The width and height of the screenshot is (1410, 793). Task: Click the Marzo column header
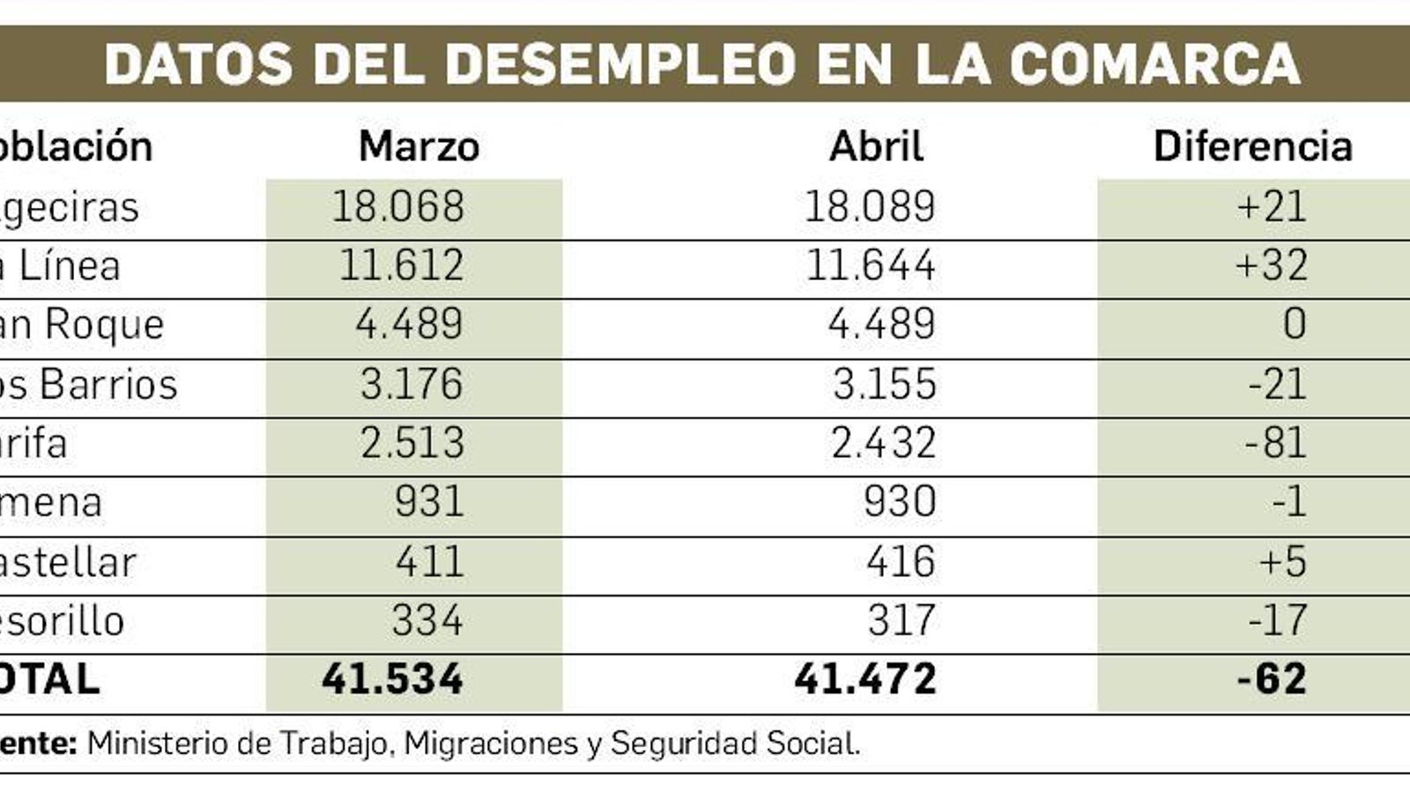coord(419,146)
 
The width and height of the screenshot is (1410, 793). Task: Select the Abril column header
coord(876,146)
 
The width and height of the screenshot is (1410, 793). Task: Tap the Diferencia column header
coord(1252,146)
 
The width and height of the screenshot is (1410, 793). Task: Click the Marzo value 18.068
coord(397,207)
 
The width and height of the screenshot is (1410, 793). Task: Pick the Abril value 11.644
coord(870,266)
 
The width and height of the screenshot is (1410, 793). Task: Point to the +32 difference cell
coord(1272,266)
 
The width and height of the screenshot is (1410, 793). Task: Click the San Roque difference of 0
coord(1294,324)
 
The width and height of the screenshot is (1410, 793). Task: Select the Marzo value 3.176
coord(411,384)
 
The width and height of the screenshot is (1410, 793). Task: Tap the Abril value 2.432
coord(883,442)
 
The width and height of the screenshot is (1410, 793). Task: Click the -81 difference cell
coord(1275,442)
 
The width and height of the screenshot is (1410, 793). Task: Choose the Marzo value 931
coord(428,502)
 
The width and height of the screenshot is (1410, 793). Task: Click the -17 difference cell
coord(1277,620)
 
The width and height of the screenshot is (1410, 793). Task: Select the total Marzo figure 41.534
coord(392,679)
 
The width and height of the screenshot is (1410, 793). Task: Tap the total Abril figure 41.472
coord(865,679)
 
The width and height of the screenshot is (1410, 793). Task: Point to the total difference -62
coord(1272,679)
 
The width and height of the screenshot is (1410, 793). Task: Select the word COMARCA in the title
coord(1154,64)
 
